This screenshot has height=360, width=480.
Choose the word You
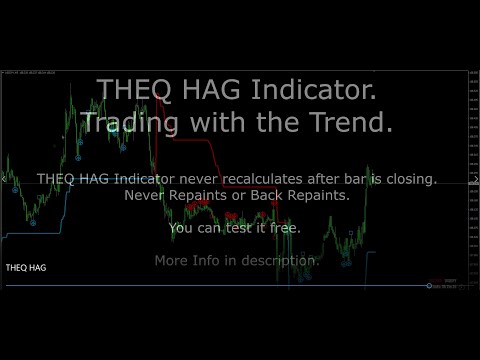pos(182,228)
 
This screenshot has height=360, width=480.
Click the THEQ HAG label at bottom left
pos(25,268)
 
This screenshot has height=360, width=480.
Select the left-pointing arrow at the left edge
pos(4,180)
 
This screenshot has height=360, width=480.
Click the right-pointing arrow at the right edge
pos(475,180)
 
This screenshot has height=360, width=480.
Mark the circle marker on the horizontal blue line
pos(429,287)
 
